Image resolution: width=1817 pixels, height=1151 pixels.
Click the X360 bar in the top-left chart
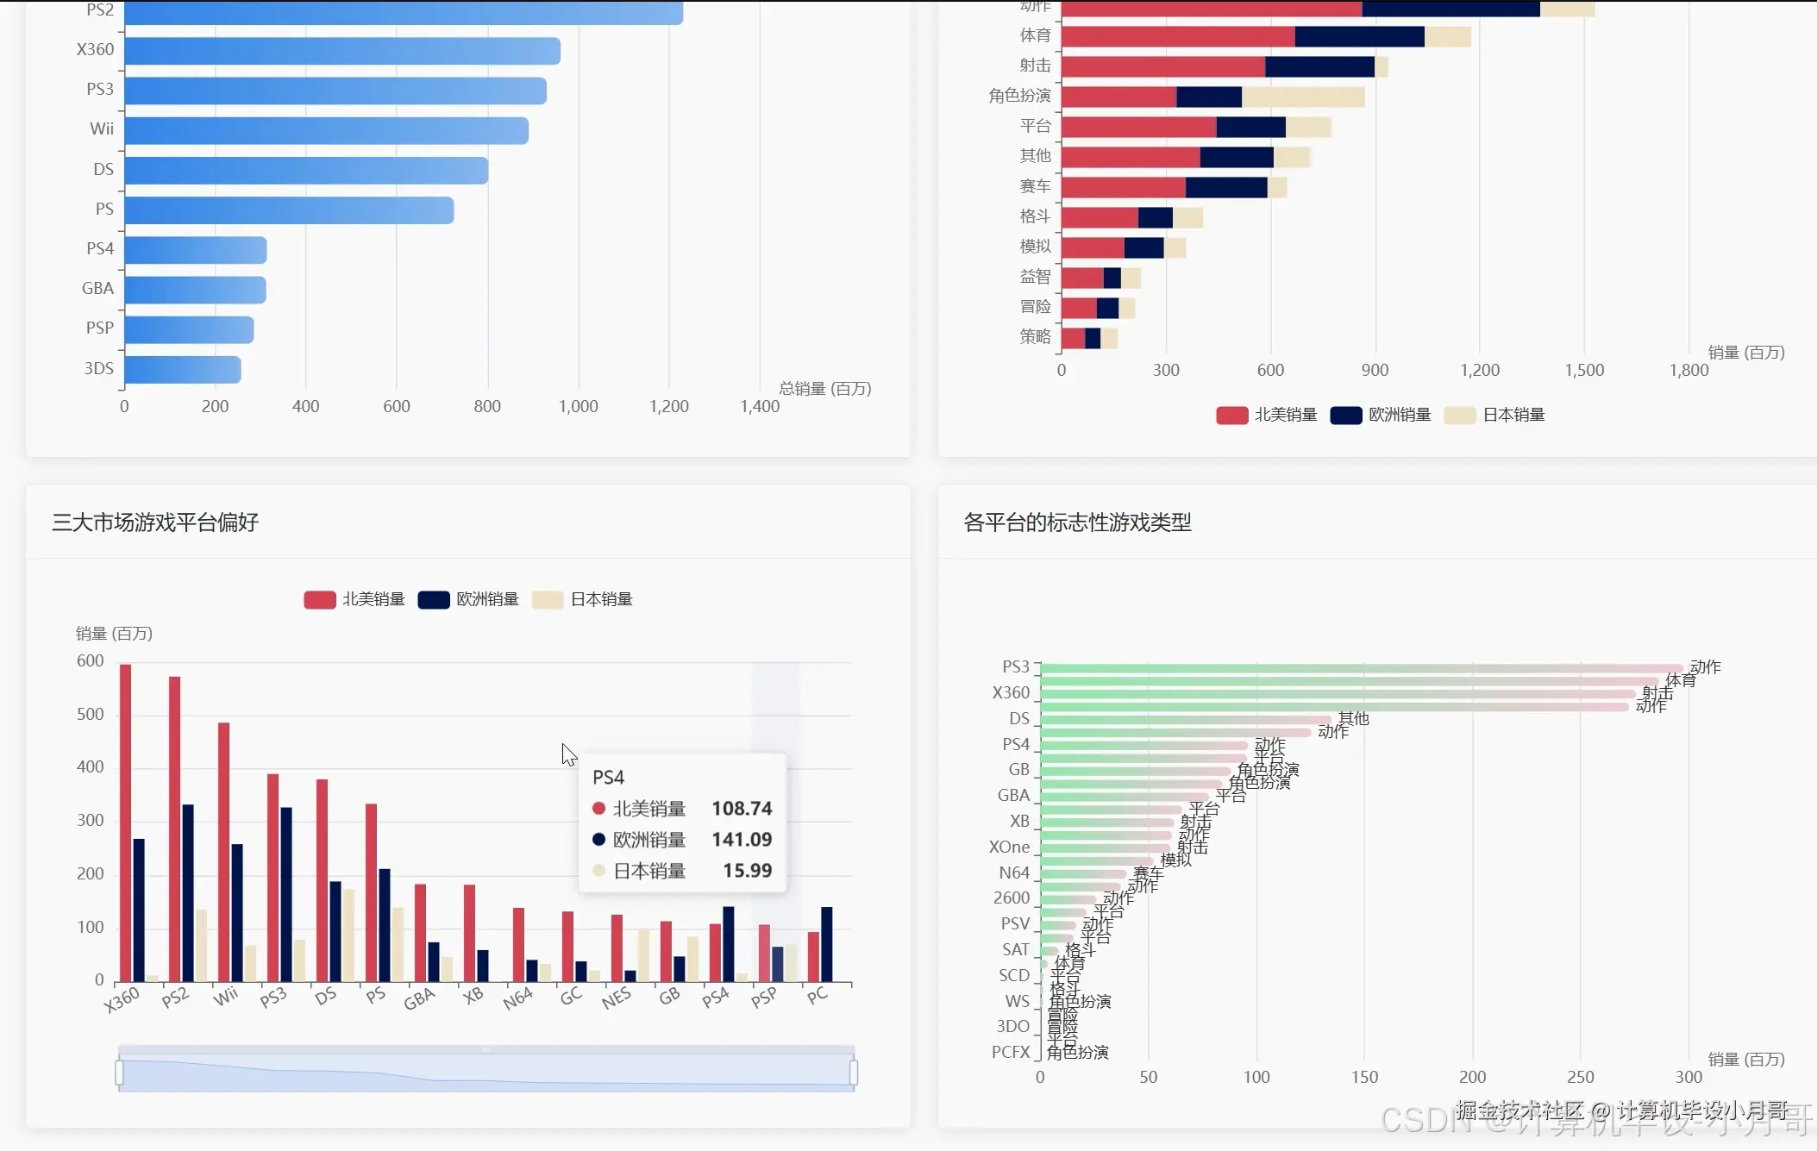342,51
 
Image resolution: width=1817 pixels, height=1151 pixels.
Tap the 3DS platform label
99,368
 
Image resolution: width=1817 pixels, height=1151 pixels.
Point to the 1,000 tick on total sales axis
578,406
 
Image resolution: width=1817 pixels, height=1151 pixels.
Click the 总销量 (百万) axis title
825,389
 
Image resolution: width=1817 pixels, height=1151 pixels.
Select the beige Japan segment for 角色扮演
1302,97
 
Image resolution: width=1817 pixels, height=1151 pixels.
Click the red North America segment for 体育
1177,36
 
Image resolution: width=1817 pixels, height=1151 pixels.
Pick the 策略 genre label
1035,336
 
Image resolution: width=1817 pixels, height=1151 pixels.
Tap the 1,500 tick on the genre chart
1584,370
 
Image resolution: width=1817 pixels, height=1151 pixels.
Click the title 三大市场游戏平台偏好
155,522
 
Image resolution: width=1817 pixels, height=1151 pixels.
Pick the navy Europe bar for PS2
188,892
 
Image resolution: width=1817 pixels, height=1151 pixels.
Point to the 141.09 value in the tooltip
742,840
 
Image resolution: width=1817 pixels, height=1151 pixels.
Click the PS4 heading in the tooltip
609,778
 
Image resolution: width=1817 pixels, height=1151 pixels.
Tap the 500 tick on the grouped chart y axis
91,715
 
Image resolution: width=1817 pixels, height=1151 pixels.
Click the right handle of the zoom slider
853,1073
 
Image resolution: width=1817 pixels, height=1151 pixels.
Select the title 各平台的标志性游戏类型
1077,522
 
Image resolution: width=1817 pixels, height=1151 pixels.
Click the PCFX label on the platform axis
1011,1052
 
